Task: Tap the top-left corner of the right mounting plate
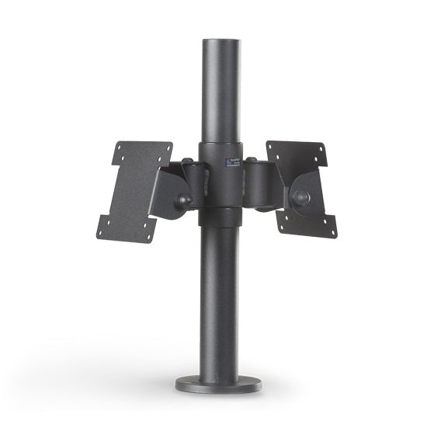(267, 142)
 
